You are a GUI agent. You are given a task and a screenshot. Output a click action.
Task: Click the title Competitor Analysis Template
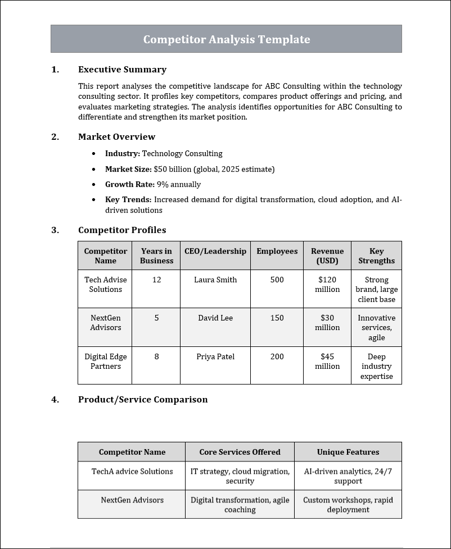[x=226, y=39]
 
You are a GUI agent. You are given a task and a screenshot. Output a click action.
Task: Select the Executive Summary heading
[x=122, y=70]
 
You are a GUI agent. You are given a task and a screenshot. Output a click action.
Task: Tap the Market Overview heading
[x=116, y=137]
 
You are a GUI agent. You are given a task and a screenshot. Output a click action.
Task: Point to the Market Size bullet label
[x=128, y=169]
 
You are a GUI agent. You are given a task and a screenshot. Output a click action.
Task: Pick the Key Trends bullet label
[x=128, y=199]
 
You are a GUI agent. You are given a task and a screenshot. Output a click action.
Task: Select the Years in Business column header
[x=156, y=256]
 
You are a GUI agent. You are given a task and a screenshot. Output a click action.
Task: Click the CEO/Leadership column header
[x=215, y=251]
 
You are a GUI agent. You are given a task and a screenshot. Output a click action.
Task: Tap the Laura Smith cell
[x=215, y=280]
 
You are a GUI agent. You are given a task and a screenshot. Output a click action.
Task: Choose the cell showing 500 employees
[x=277, y=280]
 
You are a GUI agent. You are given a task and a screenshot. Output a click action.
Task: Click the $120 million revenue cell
[x=327, y=285]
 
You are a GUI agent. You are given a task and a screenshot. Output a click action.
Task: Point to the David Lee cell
[x=215, y=318]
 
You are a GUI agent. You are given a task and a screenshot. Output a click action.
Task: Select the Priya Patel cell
[x=215, y=356]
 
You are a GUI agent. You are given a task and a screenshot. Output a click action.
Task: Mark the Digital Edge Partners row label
[x=105, y=362]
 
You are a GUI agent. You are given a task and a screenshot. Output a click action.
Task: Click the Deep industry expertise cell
[x=376, y=366]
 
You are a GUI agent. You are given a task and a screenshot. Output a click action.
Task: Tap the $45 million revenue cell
[x=327, y=362]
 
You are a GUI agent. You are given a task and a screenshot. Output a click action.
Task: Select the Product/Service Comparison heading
[x=143, y=400]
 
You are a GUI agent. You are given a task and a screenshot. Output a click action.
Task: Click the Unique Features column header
[x=348, y=452]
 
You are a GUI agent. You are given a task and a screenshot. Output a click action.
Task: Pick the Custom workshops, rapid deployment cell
[x=348, y=505]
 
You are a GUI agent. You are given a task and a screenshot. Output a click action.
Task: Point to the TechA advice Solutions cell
[x=132, y=472]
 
